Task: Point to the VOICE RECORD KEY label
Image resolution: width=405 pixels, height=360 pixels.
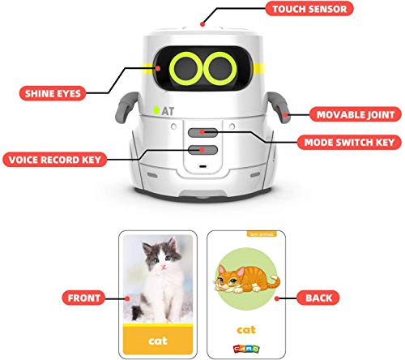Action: coord(55,158)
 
